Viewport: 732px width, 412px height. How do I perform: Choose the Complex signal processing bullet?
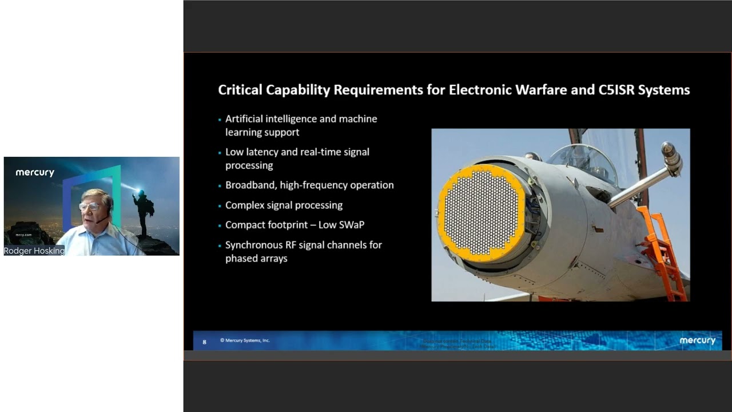(x=284, y=205)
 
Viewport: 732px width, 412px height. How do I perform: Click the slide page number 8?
(x=205, y=342)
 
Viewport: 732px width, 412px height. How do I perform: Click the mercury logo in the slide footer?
(x=697, y=340)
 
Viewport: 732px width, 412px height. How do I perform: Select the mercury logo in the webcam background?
(x=35, y=172)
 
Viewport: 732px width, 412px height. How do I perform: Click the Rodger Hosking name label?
(x=34, y=251)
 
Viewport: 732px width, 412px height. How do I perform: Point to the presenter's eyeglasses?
(x=89, y=206)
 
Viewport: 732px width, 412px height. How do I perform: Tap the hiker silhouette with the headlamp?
(x=142, y=212)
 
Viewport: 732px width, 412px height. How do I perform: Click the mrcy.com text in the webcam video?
(x=23, y=235)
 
